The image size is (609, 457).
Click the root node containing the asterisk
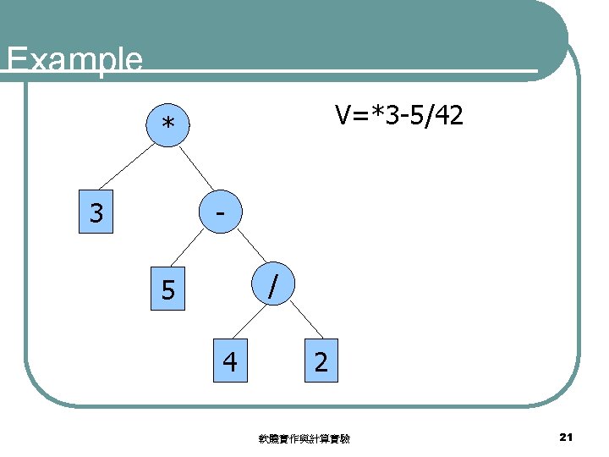point(169,124)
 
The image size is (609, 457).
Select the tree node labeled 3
point(96,212)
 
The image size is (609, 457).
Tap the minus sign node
point(220,212)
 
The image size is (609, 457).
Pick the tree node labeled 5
point(169,290)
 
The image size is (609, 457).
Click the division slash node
point(271,284)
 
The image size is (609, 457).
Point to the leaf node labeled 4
point(229,362)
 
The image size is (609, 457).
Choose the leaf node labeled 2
point(321,362)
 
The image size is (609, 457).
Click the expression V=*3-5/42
point(398,115)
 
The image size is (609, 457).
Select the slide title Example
point(74,59)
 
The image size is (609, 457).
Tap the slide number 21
point(567,437)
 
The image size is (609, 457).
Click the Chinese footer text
point(305,438)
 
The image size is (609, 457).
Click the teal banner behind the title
point(338,34)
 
